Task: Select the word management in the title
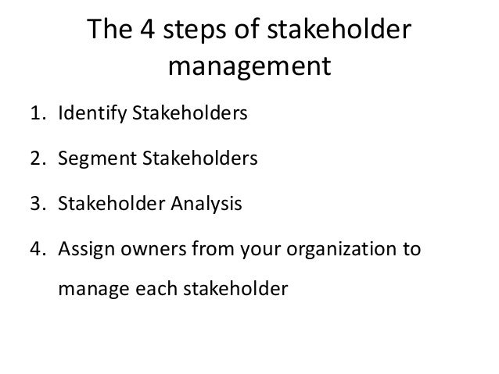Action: point(249,69)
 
